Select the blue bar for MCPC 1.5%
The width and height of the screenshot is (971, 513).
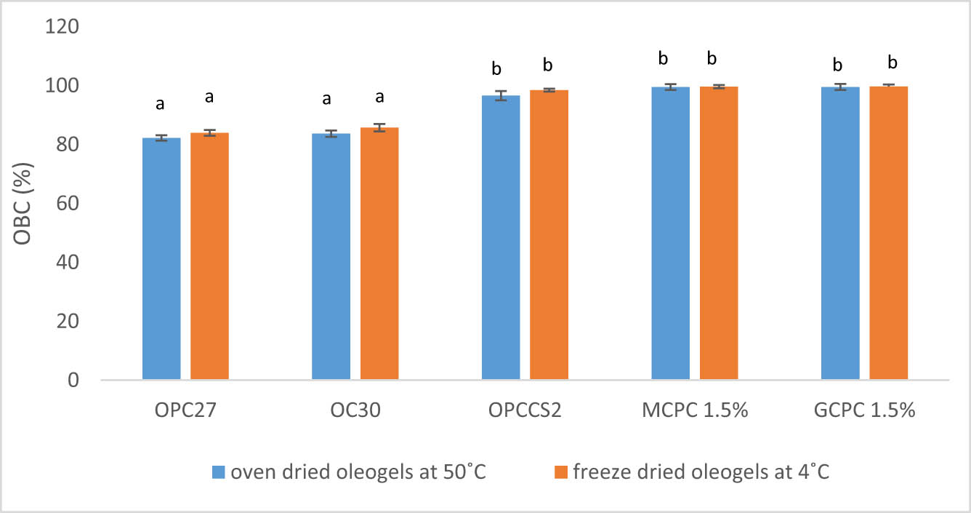click(670, 233)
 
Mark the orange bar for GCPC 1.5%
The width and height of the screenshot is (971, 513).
click(888, 233)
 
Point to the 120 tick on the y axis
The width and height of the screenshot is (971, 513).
click(63, 27)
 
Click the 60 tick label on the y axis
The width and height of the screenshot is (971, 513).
click(69, 204)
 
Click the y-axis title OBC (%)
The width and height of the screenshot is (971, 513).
click(22, 203)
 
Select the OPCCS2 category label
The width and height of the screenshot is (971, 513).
click(525, 410)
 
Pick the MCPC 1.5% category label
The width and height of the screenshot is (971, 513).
click(694, 410)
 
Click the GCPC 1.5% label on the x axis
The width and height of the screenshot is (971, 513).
click(864, 410)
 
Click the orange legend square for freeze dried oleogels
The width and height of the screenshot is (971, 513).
click(560, 472)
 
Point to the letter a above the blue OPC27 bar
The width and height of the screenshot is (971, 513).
click(161, 104)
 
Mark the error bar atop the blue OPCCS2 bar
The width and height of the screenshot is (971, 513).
click(501, 95)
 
